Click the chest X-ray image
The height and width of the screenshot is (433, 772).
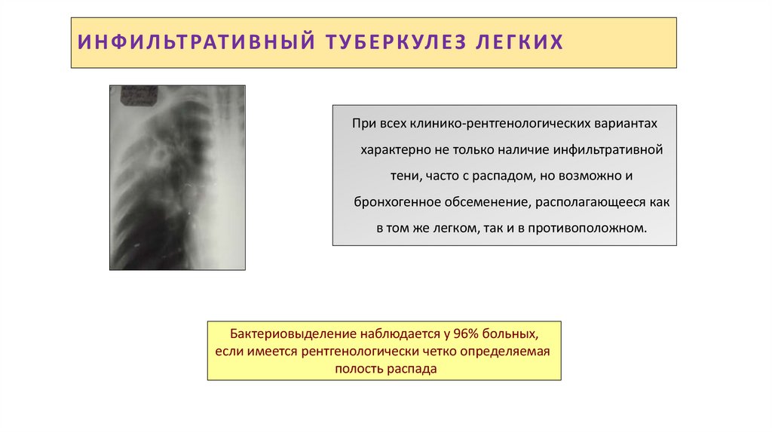tap(177, 177)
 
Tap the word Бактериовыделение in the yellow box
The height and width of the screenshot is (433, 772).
tap(271, 333)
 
